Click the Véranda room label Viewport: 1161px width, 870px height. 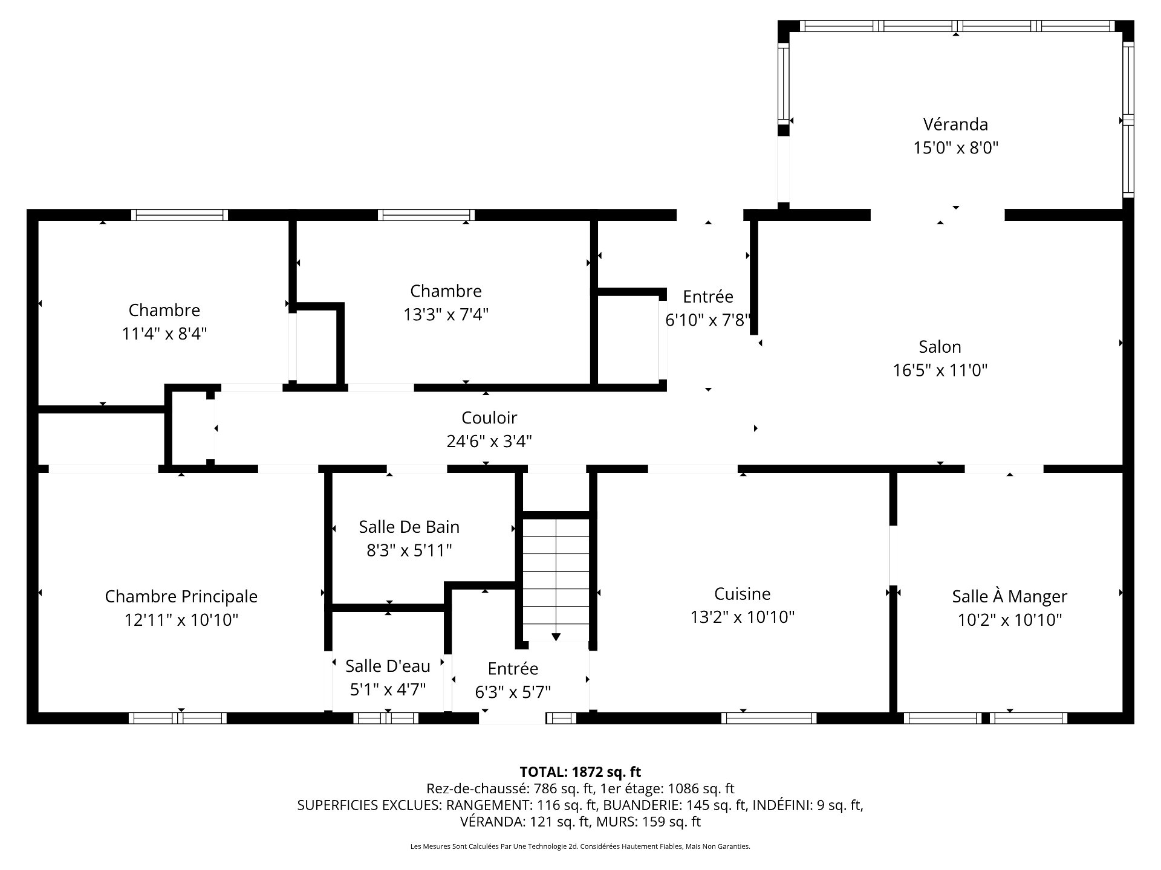point(955,124)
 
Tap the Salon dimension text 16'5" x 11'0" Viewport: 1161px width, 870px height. point(940,370)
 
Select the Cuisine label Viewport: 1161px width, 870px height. point(742,594)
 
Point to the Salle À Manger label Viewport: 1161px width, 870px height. point(1009,596)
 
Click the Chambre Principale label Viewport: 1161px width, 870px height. point(181,596)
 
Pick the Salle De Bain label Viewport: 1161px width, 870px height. point(409,527)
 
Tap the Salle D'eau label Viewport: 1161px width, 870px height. point(388,666)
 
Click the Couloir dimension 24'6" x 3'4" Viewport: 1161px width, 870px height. point(489,442)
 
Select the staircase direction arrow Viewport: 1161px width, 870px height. point(556,637)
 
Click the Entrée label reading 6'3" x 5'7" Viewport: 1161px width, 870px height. point(513,692)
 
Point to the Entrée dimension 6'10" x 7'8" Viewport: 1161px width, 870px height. point(707,320)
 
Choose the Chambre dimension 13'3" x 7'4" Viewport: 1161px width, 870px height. point(446,315)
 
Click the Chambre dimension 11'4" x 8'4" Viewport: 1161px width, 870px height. point(164,333)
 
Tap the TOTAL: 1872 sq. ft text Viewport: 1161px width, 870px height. point(580,772)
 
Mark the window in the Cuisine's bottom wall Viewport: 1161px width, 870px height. point(769,718)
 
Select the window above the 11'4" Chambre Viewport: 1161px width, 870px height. point(179,214)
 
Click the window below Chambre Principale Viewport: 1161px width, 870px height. point(177,718)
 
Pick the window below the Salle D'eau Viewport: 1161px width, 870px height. point(386,718)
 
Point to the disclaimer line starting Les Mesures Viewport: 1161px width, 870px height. point(580,846)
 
